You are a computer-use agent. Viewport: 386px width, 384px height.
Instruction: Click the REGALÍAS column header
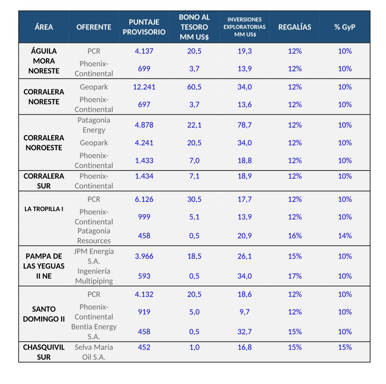pyautogui.click(x=295, y=27)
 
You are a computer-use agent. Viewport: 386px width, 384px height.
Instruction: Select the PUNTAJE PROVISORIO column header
pyautogui.click(x=144, y=27)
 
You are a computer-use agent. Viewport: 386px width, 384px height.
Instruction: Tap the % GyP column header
pyautogui.click(x=345, y=27)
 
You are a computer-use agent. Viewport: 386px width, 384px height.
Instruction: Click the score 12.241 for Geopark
pyautogui.click(x=144, y=87)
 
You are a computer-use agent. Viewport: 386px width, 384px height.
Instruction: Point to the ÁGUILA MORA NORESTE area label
pyautogui.click(x=44, y=61)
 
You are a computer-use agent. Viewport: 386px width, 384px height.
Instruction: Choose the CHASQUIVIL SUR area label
pyautogui.click(x=44, y=352)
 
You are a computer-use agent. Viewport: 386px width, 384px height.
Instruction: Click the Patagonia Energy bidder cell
pyautogui.click(x=94, y=125)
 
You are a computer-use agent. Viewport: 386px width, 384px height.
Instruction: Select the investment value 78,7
pyautogui.click(x=244, y=125)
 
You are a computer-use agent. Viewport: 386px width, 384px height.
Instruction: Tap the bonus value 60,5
pyautogui.click(x=194, y=87)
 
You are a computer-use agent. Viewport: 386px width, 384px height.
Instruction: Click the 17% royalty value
pyautogui.click(x=295, y=276)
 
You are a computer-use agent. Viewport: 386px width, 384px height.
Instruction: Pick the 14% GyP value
pyautogui.click(x=345, y=236)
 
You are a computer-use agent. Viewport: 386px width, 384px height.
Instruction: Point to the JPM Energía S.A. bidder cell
pyautogui.click(x=94, y=256)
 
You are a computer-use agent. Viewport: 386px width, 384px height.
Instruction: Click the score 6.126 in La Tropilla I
pyautogui.click(x=144, y=199)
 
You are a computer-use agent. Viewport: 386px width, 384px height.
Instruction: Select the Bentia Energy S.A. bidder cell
pyautogui.click(x=94, y=332)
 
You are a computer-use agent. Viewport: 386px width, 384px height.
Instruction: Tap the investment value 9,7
pyautogui.click(x=244, y=312)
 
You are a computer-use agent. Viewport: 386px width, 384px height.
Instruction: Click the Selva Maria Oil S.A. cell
pyautogui.click(x=94, y=352)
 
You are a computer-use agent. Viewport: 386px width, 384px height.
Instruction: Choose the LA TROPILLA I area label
pyautogui.click(x=44, y=209)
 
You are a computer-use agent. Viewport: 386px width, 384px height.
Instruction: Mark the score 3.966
pyautogui.click(x=144, y=256)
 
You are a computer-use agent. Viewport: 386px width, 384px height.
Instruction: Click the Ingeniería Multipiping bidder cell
pyautogui.click(x=94, y=276)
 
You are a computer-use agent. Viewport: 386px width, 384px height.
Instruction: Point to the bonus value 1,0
pyautogui.click(x=194, y=347)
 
